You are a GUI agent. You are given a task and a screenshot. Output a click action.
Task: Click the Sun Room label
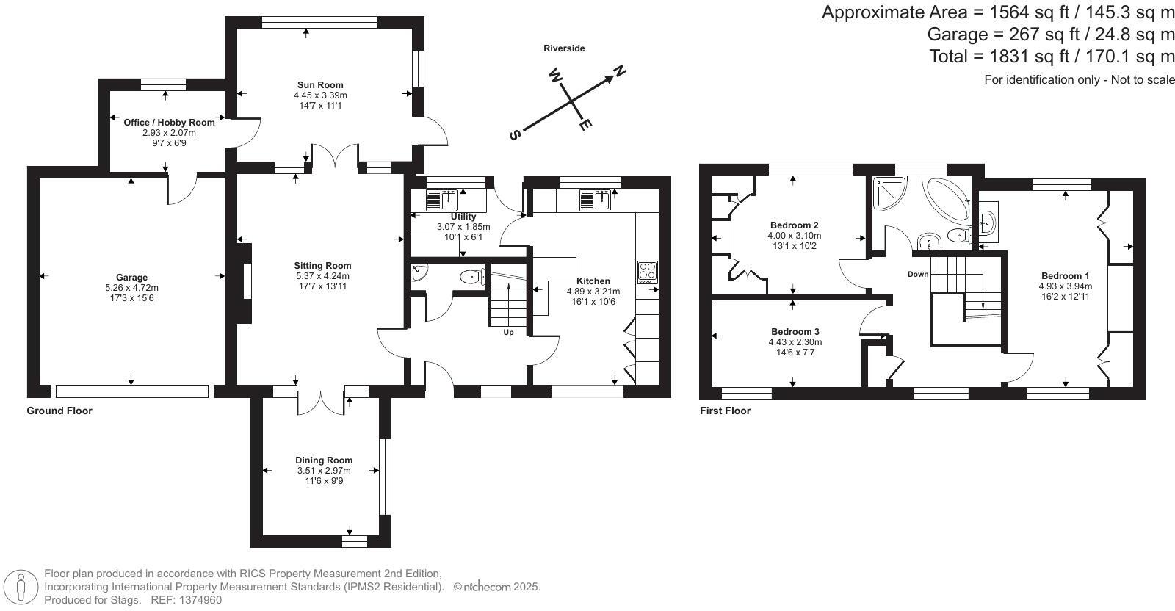point(319,85)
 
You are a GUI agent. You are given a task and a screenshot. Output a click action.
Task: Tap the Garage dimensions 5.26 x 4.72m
point(131,288)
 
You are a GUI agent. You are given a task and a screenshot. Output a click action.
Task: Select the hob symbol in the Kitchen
point(647,272)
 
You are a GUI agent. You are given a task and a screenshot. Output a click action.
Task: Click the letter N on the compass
point(620,71)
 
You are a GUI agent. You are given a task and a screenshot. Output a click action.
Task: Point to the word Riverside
point(564,48)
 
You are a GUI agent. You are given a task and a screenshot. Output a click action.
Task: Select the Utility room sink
point(442,200)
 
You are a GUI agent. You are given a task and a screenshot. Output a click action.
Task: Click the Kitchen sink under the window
point(596,200)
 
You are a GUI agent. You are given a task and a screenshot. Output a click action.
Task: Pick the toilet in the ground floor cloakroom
point(471,277)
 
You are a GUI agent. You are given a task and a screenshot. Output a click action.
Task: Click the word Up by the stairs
point(508,333)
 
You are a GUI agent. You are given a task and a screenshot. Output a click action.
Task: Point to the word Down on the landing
point(918,274)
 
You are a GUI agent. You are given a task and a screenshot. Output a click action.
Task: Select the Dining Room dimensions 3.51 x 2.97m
point(324,471)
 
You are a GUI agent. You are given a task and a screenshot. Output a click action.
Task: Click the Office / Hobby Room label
point(169,123)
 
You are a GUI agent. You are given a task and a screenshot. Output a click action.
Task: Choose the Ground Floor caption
point(59,411)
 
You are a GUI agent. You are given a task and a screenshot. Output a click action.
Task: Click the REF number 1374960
point(197,600)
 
